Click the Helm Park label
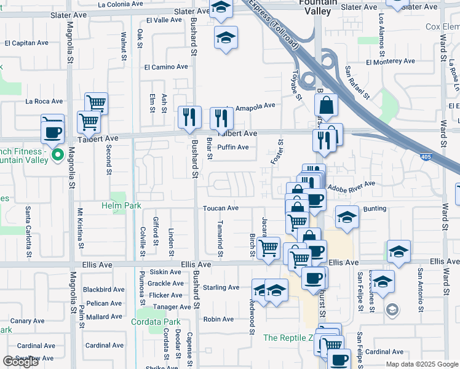point(121,205)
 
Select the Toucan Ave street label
point(221,208)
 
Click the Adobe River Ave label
point(351,185)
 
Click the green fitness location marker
point(57,154)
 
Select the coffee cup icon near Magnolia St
point(52,129)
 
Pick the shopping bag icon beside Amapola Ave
point(327,108)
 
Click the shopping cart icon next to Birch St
point(269,248)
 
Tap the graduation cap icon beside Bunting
point(347,218)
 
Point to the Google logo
point(20,362)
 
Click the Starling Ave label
point(221,287)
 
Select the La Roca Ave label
point(44,101)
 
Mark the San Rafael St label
point(357,83)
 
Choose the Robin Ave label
point(218,319)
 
